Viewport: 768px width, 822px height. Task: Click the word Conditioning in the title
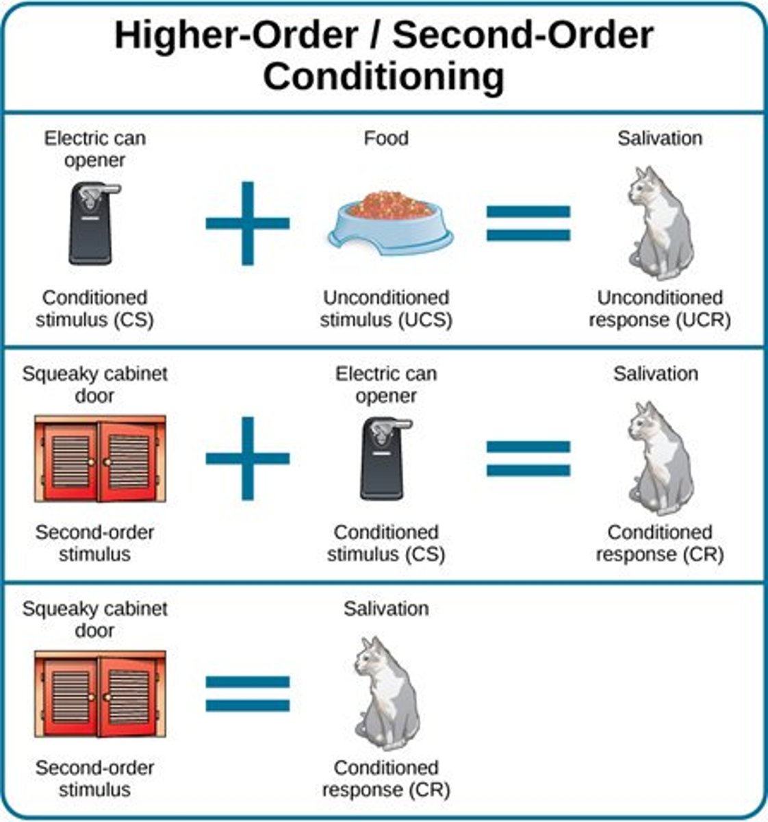[x=383, y=77]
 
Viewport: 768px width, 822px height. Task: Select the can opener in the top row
[x=94, y=223]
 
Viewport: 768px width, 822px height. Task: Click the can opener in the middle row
[x=386, y=458]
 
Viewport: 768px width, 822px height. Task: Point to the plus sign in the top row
[x=248, y=223]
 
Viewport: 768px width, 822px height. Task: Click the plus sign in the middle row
[x=248, y=458]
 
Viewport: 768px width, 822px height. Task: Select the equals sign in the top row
[x=528, y=223]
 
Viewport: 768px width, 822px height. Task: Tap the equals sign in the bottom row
[x=248, y=693]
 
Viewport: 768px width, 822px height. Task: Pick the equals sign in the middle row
[x=528, y=458]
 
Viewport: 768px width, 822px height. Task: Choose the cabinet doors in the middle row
[x=100, y=458]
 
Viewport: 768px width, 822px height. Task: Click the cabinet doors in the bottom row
[x=100, y=693]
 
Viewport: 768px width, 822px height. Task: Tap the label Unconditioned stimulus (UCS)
[x=386, y=309]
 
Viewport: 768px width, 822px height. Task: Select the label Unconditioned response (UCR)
[x=660, y=309]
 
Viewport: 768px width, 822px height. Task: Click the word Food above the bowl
[x=386, y=138]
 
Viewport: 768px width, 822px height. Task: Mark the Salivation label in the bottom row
[x=386, y=608]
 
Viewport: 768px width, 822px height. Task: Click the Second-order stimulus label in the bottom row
[x=94, y=779]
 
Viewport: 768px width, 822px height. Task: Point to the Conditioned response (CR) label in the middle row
[x=660, y=543]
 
